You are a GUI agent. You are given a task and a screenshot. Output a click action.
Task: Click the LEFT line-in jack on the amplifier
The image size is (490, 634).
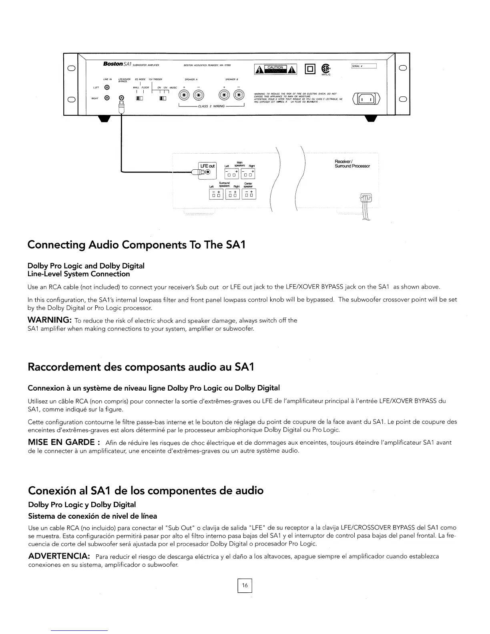pyautogui.click(x=107, y=87)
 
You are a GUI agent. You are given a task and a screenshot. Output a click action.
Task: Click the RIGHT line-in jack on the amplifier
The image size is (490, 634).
pyautogui.click(x=107, y=98)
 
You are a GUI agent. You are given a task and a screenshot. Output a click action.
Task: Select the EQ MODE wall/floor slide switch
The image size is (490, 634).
pyautogui.click(x=140, y=98)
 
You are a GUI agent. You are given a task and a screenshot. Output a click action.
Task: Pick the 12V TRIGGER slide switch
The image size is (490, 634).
pyautogui.click(x=163, y=98)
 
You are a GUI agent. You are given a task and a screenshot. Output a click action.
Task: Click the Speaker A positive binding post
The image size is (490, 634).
pyautogui.click(x=185, y=96)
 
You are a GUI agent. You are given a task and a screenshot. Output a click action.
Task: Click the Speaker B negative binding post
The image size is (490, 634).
pyautogui.click(x=239, y=96)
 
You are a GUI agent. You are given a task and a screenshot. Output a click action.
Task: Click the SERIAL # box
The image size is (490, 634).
pyautogui.click(x=364, y=66)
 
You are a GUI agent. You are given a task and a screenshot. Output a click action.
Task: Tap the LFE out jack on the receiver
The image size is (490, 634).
pyautogui.click(x=207, y=172)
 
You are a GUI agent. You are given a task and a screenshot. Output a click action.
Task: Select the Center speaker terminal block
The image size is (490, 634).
pyautogui.click(x=249, y=194)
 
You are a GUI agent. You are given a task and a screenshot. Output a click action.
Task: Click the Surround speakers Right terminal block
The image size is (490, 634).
pyautogui.click(x=233, y=194)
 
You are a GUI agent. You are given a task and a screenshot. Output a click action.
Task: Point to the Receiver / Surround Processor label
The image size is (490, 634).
pyautogui.click(x=352, y=164)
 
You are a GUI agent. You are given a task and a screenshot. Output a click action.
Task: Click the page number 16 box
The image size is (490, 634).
pyautogui.click(x=245, y=586)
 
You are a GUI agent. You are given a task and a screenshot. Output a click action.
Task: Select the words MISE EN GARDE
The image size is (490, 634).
pyautogui.click(x=61, y=442)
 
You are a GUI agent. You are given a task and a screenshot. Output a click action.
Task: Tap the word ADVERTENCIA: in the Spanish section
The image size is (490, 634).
pyautogui.click(x=58, y=556)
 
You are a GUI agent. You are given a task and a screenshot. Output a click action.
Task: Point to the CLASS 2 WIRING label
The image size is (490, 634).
pyautogui.click(x=211, y=106)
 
